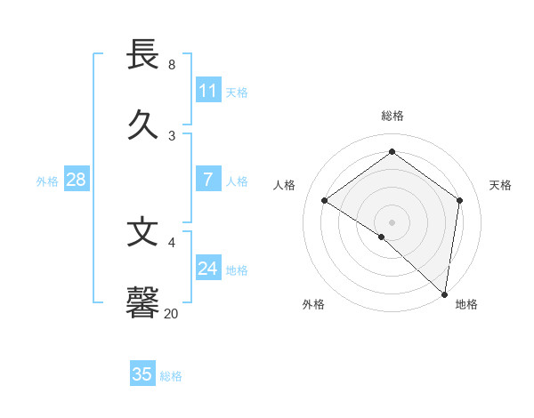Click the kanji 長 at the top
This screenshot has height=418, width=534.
[x=143, y=55]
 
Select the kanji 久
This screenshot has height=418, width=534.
[x=143, y=125]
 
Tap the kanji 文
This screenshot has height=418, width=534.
[x=143, y=232]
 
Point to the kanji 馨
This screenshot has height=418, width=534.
[x=143, y=301]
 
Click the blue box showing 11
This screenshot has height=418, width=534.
[x=208, y=91]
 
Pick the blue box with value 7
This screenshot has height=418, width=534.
[x=208, y=180]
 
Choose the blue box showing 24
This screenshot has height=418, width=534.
[x=208, y=268]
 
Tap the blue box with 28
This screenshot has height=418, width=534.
[x=76, y=180]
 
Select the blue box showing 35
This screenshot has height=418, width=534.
[x=142, y=374]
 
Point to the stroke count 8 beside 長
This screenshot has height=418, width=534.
[x=172, y=65]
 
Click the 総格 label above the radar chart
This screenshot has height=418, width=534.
[x=392, y=116]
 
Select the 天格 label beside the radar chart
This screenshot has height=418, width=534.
[x=500, y=185]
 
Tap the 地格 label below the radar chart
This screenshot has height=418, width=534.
[x=466, y=304]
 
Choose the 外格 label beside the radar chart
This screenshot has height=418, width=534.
[x=313, y=304]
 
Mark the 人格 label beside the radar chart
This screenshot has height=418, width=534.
[x=285, y=185]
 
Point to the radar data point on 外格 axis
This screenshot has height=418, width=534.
[x=382, y=237]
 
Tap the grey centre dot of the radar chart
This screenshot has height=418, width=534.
[x=392, y=221]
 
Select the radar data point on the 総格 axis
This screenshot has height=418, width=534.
[x=392, y=151]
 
